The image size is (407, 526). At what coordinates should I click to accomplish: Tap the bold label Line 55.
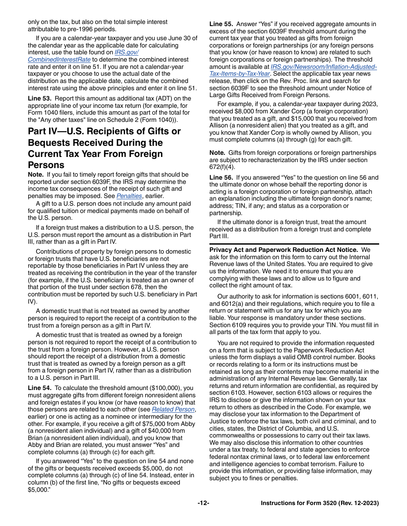pos(221,24)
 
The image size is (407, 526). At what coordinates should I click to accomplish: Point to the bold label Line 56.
pos(221,177)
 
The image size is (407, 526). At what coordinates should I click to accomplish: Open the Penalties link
pos(129,196)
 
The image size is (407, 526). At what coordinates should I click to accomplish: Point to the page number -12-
pos(203,503)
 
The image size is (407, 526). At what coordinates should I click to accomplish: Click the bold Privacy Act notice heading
pos(284,250)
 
